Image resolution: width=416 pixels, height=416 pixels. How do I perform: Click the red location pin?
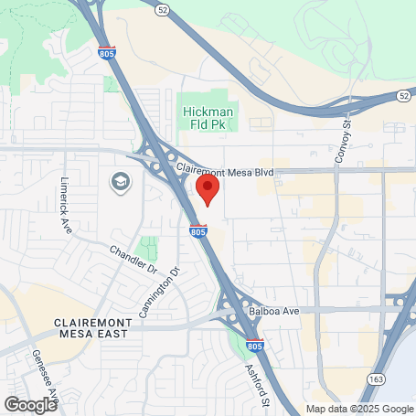[x=208, y=190]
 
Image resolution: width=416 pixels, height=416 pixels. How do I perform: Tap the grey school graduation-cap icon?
[x=121, y=182]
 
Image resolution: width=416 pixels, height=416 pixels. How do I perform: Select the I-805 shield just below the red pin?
[x=198, y=232]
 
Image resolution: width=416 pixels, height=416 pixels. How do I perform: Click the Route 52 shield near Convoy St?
[x=403, y=95]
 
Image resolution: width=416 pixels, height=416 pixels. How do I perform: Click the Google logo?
[x=30, y=403]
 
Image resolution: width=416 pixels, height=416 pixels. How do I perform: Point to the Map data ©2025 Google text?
[x=359, y=409]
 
